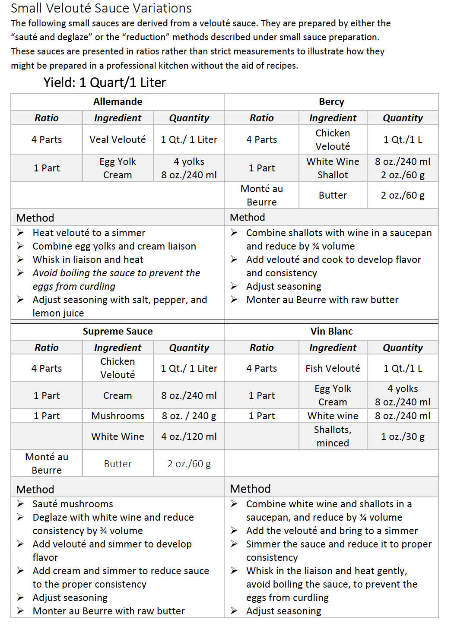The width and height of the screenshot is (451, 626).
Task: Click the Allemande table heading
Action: click(118, 102)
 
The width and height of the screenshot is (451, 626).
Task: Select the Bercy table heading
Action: click(331, 102)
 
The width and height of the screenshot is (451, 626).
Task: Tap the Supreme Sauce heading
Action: click(118, 332)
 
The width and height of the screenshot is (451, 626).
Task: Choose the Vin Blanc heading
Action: click(331, 332)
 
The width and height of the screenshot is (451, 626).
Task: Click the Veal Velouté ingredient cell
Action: click(118, 140)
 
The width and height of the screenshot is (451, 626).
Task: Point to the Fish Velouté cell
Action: click(333, 369)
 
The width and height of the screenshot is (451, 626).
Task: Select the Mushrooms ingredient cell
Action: click(118, 416)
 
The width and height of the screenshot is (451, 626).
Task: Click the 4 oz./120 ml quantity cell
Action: click(189, 437)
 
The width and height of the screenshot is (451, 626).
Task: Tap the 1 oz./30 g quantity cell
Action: click(403, 437)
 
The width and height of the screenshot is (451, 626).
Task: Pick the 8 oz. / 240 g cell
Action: click(189, 416)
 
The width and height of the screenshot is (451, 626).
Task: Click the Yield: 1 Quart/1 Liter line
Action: click(105, 82)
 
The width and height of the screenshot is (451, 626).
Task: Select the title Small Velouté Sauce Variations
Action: click(101, 8)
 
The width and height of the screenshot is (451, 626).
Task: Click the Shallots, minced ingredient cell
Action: click(333, 436)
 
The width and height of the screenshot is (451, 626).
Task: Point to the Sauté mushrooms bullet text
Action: click(73, 504)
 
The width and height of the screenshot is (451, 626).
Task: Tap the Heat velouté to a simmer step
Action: click(89, 233)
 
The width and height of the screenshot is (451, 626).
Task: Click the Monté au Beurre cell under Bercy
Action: click(261, 196)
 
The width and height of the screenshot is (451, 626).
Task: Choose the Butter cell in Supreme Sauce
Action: click(118, 464)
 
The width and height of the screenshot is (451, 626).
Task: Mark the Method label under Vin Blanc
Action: click(250, 489)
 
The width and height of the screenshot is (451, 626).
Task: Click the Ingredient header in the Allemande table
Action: click(118, 118)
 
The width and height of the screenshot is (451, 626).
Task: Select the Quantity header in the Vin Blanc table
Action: click(403, 348)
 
